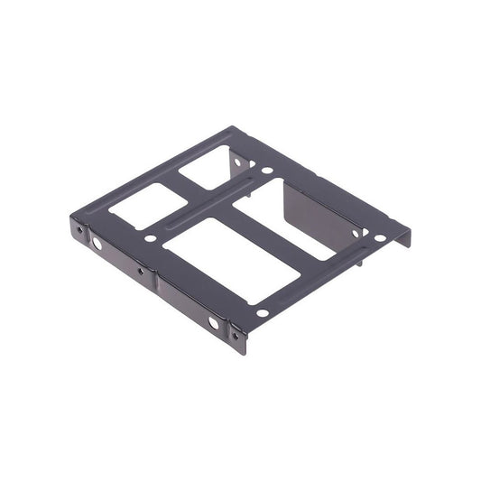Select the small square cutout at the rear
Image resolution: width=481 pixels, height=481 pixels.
[206, 171]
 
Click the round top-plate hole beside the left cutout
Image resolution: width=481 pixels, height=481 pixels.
[151, 239]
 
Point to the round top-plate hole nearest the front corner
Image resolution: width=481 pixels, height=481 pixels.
[262, 313]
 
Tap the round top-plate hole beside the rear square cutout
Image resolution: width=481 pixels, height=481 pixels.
[267, 169]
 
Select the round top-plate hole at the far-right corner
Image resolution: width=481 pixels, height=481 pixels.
[380, 237]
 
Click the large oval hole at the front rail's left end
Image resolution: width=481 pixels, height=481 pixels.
[97, 245]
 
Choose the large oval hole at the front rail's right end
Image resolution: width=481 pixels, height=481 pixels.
[213, 322]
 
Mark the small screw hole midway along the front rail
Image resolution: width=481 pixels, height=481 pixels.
[141, 269]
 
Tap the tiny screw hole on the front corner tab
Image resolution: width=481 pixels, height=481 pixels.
[236, 336]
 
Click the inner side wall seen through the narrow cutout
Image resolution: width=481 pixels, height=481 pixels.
[311, 217]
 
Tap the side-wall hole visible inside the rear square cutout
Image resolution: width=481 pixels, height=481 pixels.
[237, 162]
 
